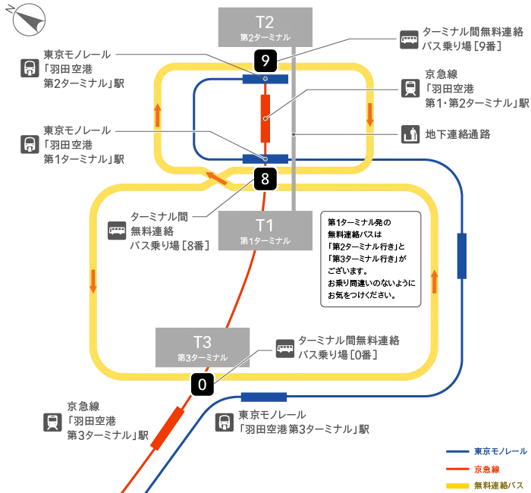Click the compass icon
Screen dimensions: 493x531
[x=29, y=19]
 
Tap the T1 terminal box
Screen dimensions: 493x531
[x=264, y=231]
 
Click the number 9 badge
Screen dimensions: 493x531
[x=265, y=60]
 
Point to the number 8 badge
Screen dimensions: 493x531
[x=265, y=179]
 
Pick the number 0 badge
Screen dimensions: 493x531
[x=202, y=385]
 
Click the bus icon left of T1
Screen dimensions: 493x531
[x=117, y=229]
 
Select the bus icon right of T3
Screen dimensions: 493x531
[x=284, y=348]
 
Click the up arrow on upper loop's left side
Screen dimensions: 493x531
[x=157, y=115]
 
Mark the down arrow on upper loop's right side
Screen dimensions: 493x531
[x=370, y=115]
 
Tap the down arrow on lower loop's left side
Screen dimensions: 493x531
[x=93, y=280]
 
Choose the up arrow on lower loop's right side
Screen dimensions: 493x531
[x=435, y=280]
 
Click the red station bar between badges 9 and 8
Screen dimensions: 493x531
[x=265, y=118]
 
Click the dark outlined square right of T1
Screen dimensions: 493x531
[x=370, y=257]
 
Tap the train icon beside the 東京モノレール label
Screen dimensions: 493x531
[x=30, y=143]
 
